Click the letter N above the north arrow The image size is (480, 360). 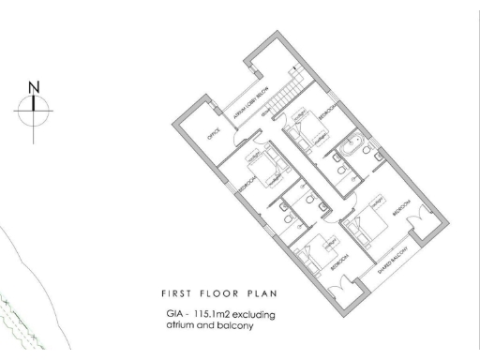point(36,87)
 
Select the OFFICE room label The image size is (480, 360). point(214,134)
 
